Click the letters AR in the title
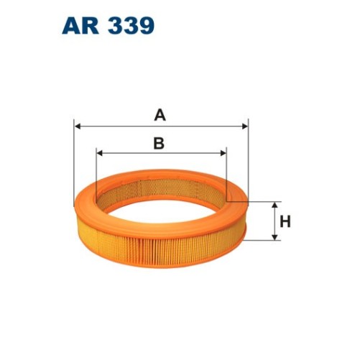(x=80, y=26)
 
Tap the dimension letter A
(x=160, y=114)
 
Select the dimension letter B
(x=159, y=143)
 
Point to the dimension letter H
(x=285, y=221)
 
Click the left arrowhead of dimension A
(x=78, y=125)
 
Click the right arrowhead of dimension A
(x=244, y=125)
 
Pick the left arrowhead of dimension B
(x=99, y=153)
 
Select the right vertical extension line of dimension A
(x=247, y=158)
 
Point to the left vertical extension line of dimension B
(x=96, y=169)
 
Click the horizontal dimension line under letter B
(x=129, y=153)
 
